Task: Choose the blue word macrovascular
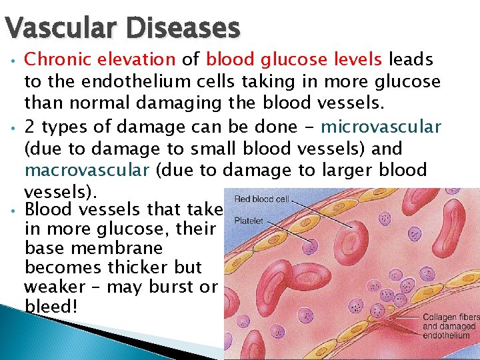click(x=87, y=169)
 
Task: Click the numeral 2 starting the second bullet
click(x=29, y=127)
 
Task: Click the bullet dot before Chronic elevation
click(x=13, y=61)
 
